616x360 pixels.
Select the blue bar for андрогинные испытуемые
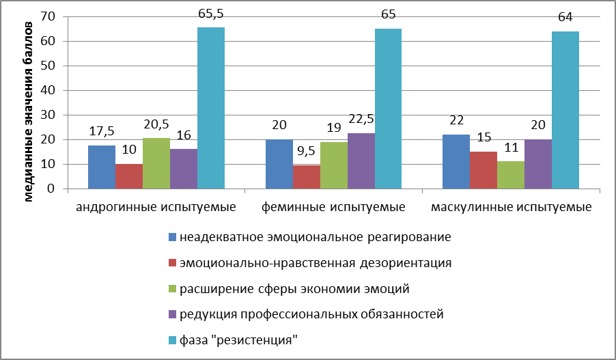coord(102,167)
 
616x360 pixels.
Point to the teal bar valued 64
coord(565,110)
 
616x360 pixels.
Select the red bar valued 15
coord(483,170)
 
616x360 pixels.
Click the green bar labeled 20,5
coord(156,163)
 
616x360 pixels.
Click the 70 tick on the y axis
coord(47,16)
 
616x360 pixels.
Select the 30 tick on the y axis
coord(47,115)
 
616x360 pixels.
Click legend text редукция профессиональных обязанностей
coord(311,314)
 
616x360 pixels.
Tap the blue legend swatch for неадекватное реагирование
coord(173,237)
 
